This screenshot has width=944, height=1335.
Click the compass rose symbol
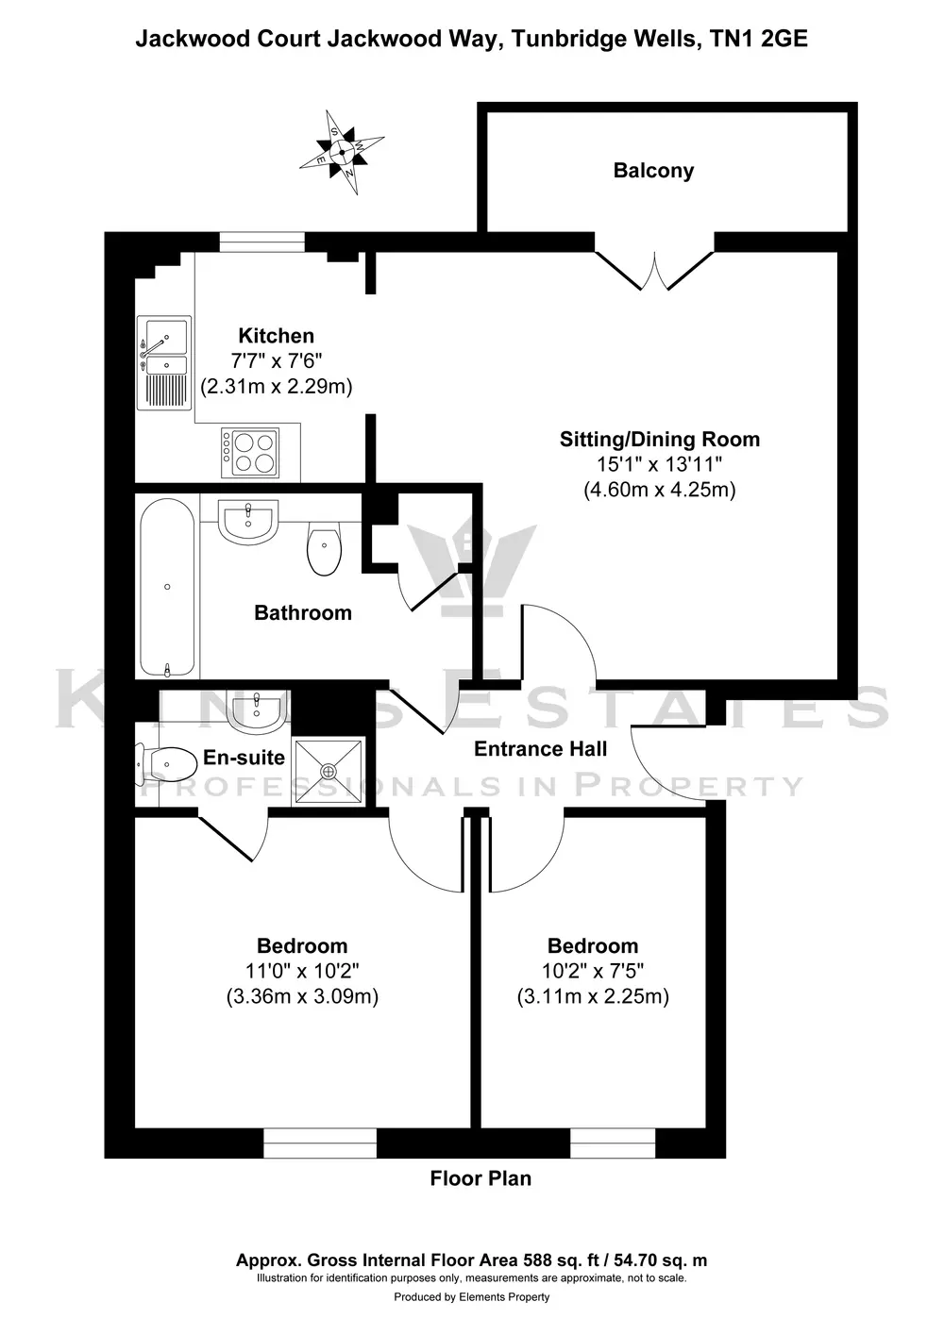(x=342, y=152)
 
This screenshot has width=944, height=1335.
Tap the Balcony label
(x=653, y=171)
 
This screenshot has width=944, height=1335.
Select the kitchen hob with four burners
(x=250, y=452)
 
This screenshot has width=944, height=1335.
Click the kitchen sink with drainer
(x=164, y=362)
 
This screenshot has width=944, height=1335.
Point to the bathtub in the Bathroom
(x=167, y=588)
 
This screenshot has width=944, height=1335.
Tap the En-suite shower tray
(x=328, y=772)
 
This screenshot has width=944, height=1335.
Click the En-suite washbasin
(x=257, y=712)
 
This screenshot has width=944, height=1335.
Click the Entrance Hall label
(x=540, y=749)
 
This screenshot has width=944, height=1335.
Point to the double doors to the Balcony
(x=654, y=271)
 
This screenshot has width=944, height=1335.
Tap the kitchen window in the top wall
(x=261, y=242)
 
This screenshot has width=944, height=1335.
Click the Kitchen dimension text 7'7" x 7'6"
(x=276, y=361)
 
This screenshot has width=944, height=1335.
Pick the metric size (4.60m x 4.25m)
(x=660, y=490)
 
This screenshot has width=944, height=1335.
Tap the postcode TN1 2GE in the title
(x=759, y=39)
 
